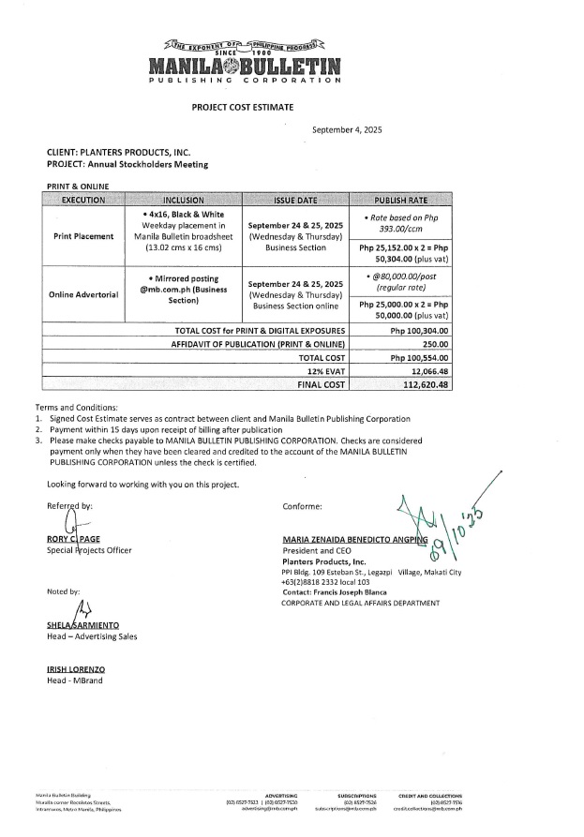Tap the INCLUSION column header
(189, 201)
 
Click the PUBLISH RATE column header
(402, 201)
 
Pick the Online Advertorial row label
(82, 294)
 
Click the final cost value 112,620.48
(425, 383)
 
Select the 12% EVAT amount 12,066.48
(427, 370)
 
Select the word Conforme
(302, 506)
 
